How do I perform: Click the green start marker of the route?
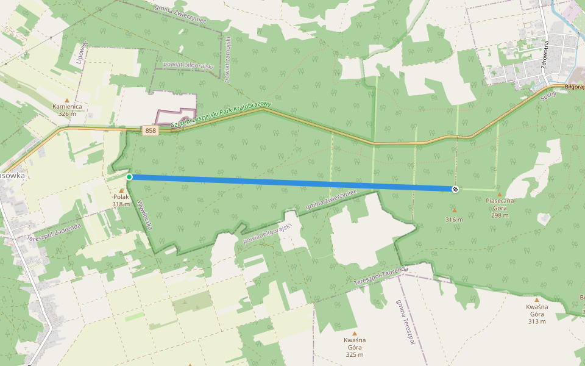(129, 177)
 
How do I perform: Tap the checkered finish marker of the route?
(455, 189)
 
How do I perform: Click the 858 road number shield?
(150, 131)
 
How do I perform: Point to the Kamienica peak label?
(67, 106)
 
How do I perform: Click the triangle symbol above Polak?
(121, 190)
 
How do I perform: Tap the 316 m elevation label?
(454, 220)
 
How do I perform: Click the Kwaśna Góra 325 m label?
(354, 347)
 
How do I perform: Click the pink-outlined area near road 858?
(176, 117)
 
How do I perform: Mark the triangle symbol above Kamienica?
(67, 99)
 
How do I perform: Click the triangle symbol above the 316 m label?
(454, 210)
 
